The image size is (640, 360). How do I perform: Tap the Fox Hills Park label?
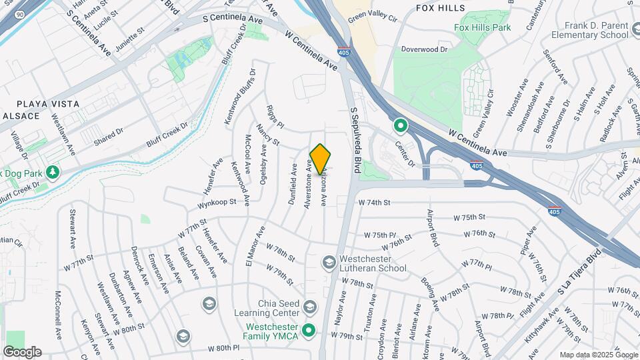[x=482, y=28]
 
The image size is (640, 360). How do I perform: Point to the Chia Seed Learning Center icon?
[x=309, y=307]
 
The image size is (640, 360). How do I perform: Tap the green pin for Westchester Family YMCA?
[x=309, y=330]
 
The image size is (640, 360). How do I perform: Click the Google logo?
[x=22, y=352]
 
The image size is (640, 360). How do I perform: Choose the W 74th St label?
[x=374, y=201]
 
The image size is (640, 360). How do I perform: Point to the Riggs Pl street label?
[x=275, y=117]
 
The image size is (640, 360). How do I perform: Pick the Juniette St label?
[x=130, y=35]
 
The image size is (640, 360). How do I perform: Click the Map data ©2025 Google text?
[x=597, y=355]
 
